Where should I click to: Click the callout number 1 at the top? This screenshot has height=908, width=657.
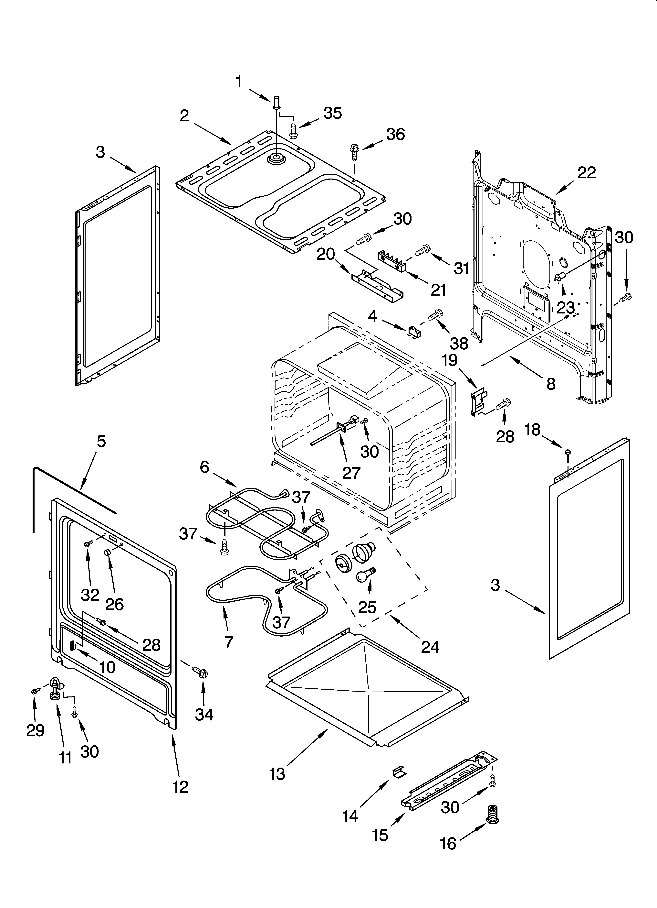pyautogui.click(x=239, y=82)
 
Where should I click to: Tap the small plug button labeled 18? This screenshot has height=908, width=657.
pyautogui.click(x=567, y=452)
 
